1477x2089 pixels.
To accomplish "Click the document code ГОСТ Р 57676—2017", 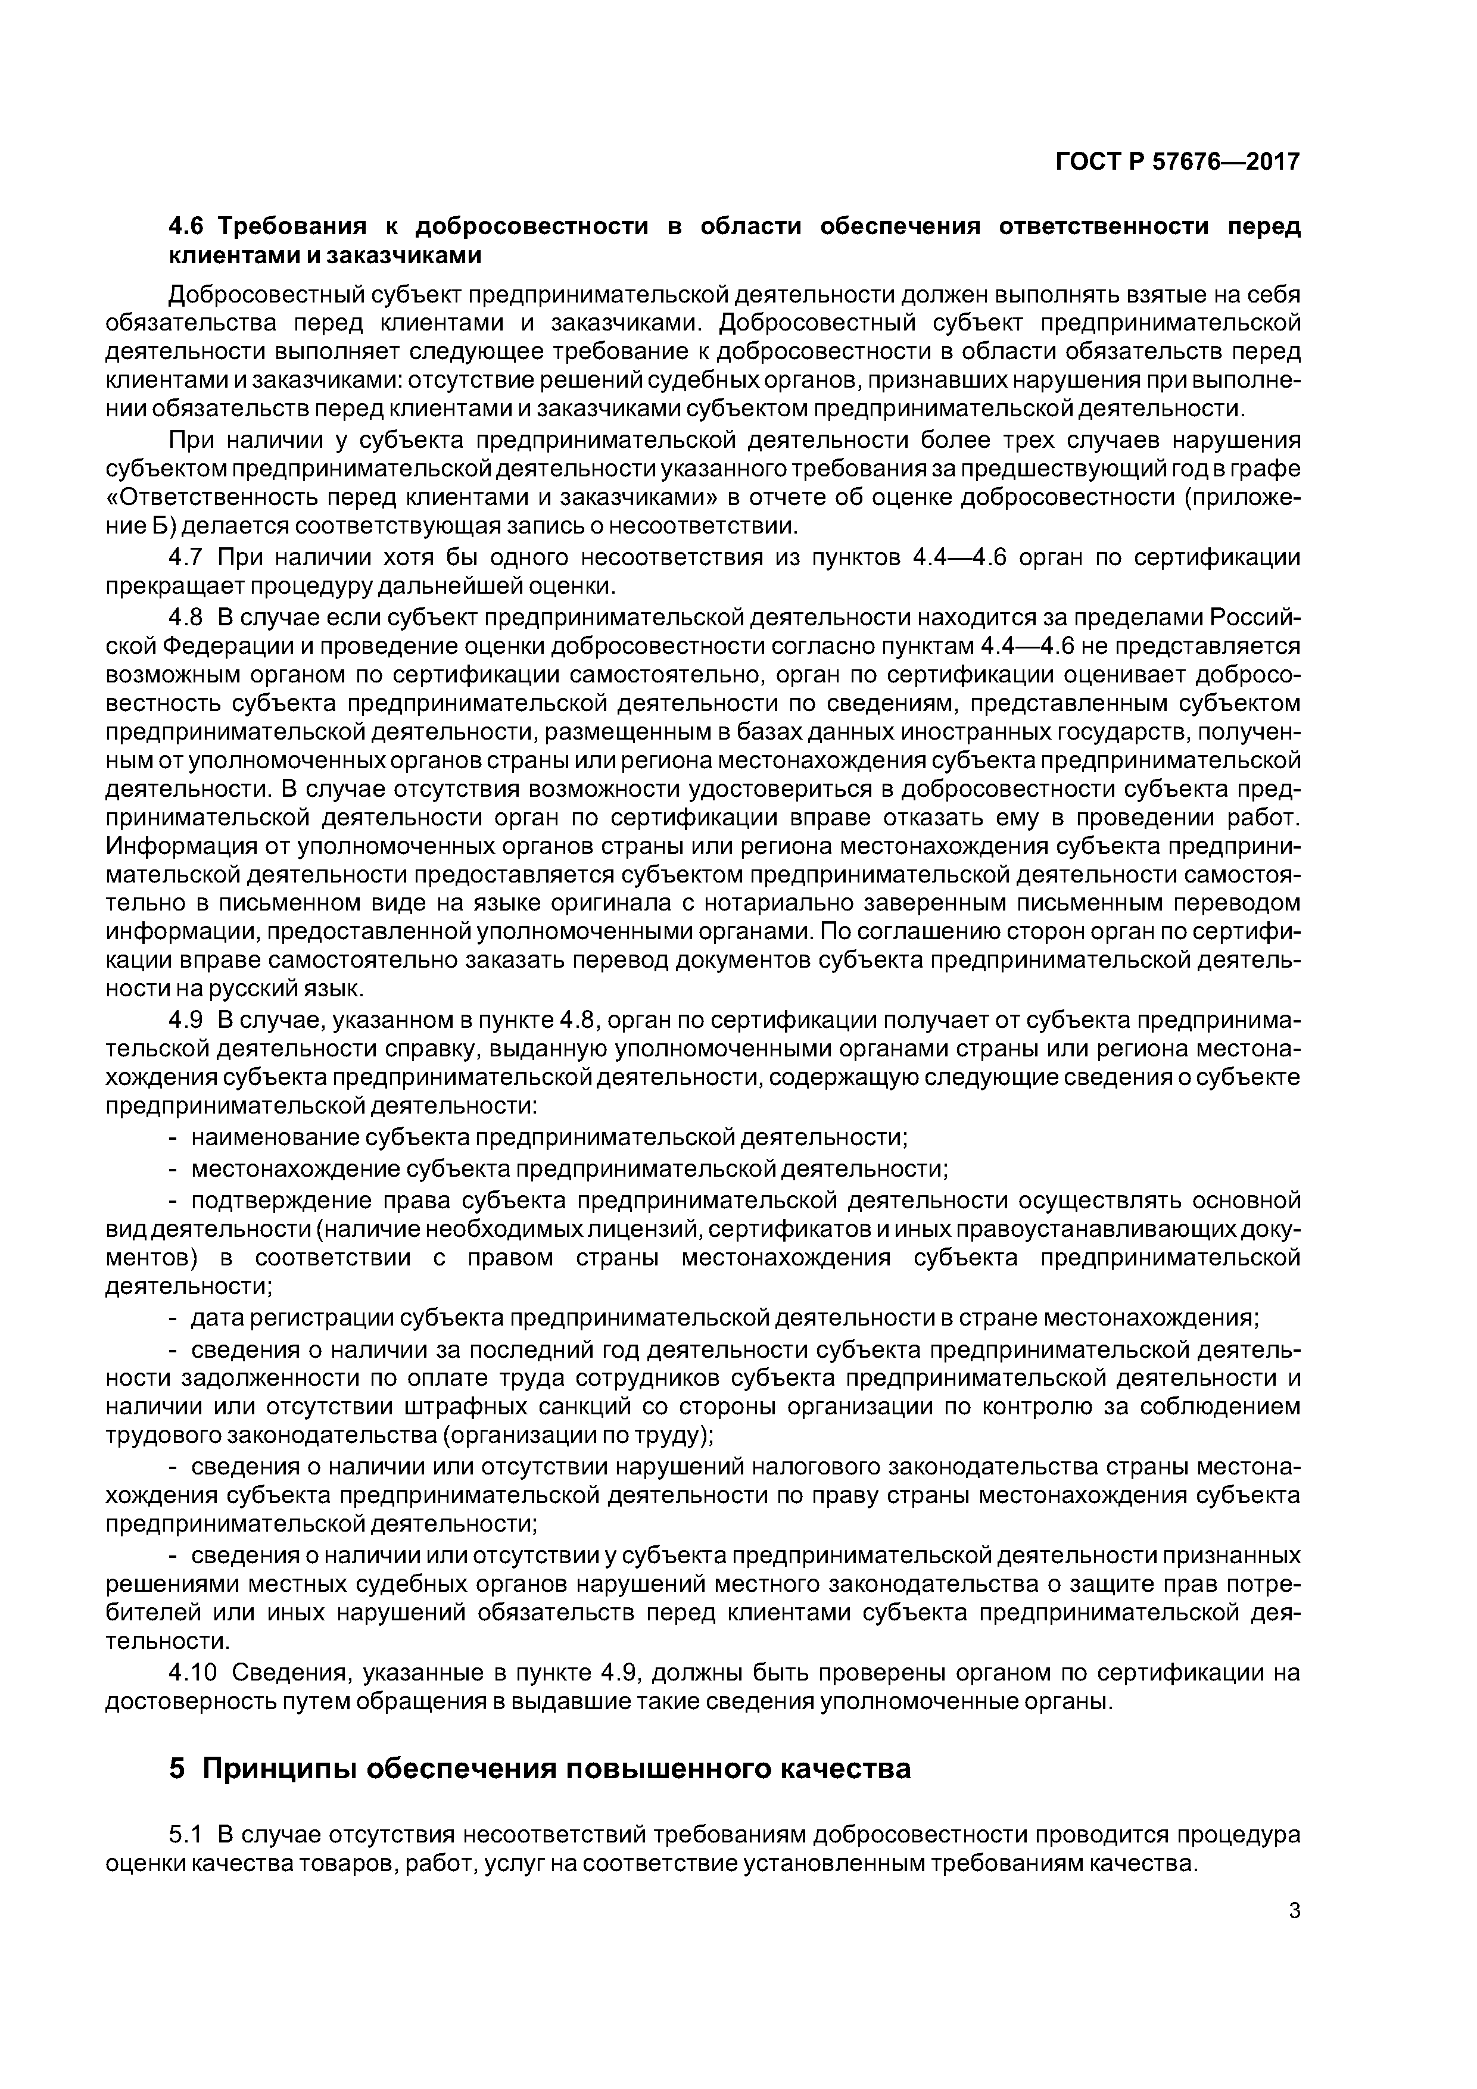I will (1177, 162).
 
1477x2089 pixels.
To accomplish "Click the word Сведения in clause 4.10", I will (279, 1672).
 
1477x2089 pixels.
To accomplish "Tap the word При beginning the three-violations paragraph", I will (191, 440).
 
